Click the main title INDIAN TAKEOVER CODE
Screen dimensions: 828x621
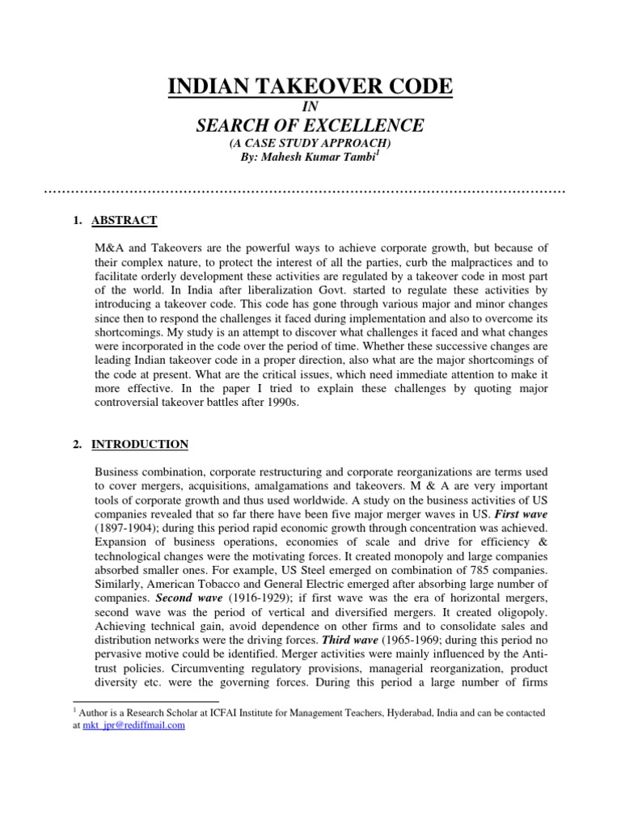point(310,87)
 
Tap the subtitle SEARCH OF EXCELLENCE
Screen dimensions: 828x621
point(310,125)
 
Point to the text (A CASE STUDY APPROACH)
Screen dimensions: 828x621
point(310,142)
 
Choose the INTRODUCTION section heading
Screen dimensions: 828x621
point(140,444)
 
